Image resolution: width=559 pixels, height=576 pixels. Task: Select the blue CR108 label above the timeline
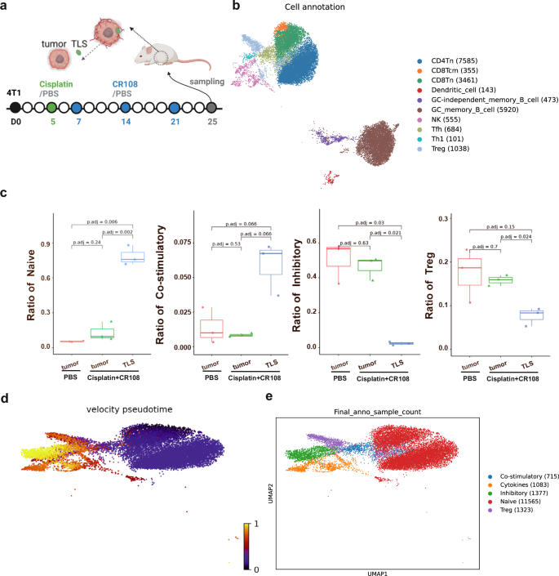point(123,82)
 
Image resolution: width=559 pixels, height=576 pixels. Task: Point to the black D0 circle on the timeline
point(14,107)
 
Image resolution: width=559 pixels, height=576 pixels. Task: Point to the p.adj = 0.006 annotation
point(97,222)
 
